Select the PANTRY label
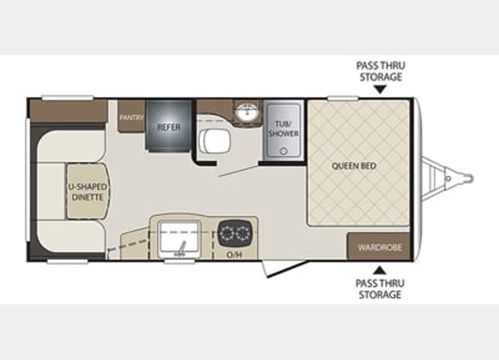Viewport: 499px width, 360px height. click(131, 117)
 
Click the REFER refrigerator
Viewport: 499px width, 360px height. click(169, 127)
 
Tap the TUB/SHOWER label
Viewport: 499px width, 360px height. click(283, 129)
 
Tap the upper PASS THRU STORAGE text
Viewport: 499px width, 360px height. click(380, 71)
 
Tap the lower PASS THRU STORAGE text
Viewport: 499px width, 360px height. click(380, 289)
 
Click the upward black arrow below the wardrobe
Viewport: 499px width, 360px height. click(380, 269)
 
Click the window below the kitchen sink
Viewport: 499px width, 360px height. click(180, 261)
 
